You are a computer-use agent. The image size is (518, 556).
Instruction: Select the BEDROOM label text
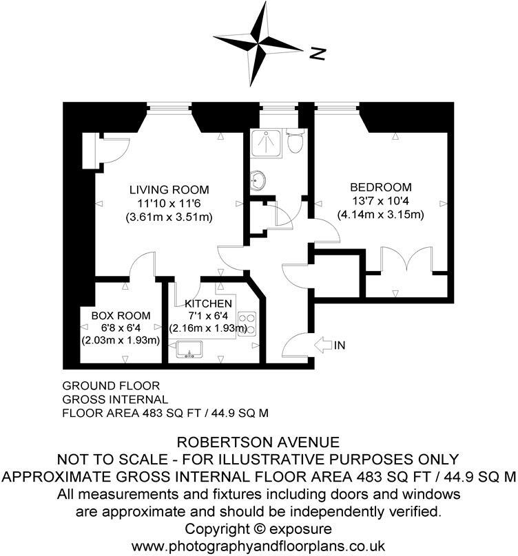(x=381, y=187)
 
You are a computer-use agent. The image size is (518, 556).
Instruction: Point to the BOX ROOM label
(x=121, y=315)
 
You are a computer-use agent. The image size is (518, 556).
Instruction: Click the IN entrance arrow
(x=322, y=345)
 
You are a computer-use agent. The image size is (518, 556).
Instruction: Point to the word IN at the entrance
(x=339, y=345)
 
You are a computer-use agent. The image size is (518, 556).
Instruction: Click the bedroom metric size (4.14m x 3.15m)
(x=380, y=215)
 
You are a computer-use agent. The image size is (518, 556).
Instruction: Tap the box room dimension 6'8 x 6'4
(x=121, y=328)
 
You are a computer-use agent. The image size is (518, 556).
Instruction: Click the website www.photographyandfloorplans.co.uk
(x=259, y=545)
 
